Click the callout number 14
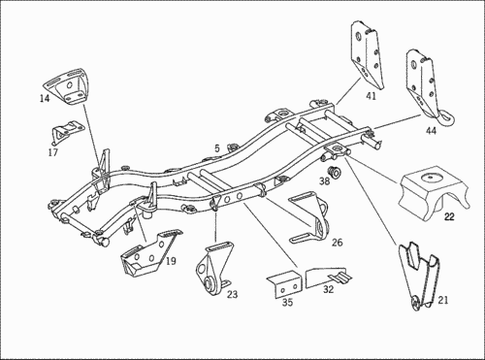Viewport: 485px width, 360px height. pos(45,98)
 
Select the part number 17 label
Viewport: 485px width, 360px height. pos(52,152)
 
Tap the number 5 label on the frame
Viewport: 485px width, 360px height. pos(216,148)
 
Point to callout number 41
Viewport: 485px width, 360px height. pos(372,96)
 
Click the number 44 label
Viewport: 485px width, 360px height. pos(431,131)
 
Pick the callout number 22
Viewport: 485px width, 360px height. pos(449,216)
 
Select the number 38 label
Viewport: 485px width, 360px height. pos(324,180)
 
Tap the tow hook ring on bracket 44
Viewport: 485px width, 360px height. pos(447,117)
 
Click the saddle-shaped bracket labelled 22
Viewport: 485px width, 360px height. pos(434,191)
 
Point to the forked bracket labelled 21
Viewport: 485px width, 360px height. pos(420,275)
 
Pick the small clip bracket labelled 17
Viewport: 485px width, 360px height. pos(67,132)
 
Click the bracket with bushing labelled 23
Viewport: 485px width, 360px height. pos(214,269)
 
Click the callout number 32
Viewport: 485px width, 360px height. pos(328,289)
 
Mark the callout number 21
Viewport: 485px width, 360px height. pos(443,300)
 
